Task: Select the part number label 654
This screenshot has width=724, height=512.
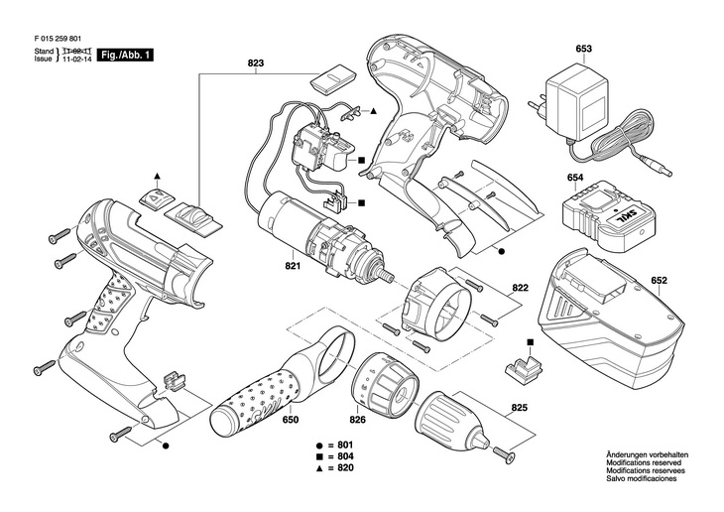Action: pyautogui.click(x=574, y=179)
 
